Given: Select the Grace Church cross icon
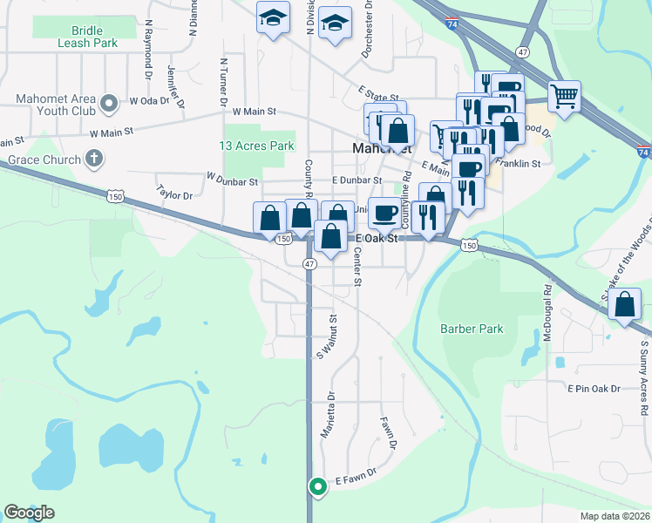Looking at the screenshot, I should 94,160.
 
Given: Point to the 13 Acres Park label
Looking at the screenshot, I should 257,146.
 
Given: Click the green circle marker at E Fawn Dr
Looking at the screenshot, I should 318,486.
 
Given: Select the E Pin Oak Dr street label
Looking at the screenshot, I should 594,388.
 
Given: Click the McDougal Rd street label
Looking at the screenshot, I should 548,313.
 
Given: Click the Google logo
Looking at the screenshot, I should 29,513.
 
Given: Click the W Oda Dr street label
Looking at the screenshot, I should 148,100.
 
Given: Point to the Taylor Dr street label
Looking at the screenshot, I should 174,191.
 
